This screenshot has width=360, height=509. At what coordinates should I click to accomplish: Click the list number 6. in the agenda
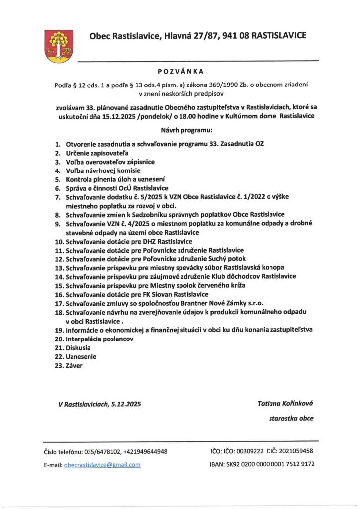(58, 188)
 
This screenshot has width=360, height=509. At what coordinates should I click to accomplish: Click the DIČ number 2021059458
(296, 451)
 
